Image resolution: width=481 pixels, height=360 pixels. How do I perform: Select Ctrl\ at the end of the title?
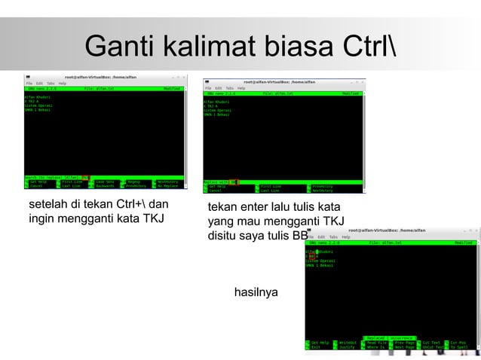[369, 47]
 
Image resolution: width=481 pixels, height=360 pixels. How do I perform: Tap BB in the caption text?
[300, 236]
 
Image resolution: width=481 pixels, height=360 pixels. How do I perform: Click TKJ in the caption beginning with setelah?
[152, 219]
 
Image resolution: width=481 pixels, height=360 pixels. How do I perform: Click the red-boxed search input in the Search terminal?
[86, 178]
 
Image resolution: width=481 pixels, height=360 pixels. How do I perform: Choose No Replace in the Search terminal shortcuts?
[167, 186]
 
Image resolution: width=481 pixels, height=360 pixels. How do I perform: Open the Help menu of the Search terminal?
[62, 83]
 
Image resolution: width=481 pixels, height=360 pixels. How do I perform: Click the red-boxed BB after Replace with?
[234, 182]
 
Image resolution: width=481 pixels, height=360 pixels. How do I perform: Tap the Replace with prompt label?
[216, 182]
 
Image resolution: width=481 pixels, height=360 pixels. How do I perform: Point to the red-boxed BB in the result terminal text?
[312, 256]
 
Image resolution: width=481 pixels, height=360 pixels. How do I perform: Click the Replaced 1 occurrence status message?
[391, 337]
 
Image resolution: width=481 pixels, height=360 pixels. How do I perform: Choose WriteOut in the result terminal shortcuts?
[348, 343]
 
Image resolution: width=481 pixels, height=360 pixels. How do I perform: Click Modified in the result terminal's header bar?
[463, 243]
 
